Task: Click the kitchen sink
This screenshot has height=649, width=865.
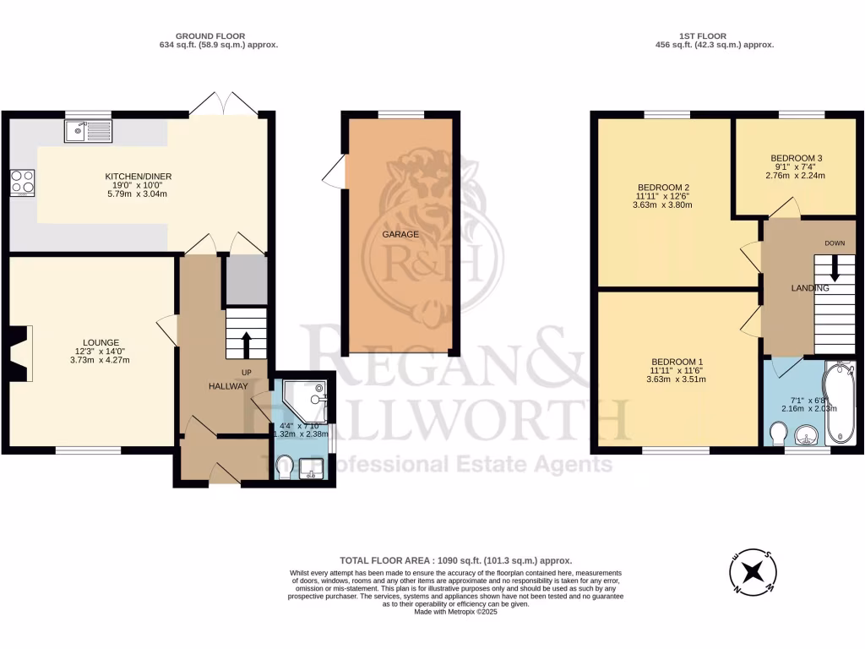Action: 88,131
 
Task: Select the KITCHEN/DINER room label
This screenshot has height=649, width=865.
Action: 139,177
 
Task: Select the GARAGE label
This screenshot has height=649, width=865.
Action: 401,234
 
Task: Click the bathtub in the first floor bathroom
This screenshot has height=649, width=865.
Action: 841,403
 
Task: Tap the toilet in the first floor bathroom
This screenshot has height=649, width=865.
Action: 779,434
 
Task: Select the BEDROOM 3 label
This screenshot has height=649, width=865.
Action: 796,158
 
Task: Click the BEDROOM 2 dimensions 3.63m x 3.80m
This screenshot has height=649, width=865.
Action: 663,204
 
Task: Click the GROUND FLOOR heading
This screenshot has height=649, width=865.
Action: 210,35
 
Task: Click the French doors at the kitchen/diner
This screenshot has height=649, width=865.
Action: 223,105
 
